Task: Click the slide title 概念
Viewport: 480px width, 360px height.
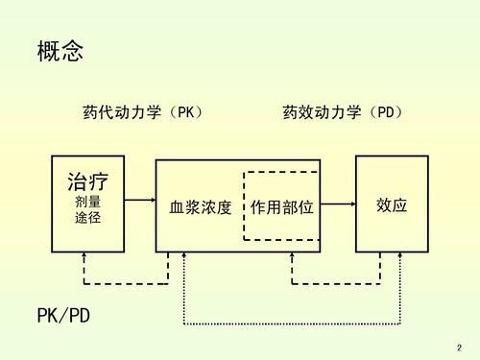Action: pyautogui.click(x=60, y=51)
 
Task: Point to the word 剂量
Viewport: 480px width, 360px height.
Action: pyautogui.click(x=87, y=203)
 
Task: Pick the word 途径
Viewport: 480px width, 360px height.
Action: pyautogui.click(x=87, y=218)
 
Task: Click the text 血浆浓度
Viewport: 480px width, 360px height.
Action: pyautogui.click(x=201, y=206)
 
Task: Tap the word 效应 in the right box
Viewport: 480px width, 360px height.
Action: pyautogui.click(x=392, y=205)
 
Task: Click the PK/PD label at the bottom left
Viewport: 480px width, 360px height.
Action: pyautogui.click(x=63, y=316)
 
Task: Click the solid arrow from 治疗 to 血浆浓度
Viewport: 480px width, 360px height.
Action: pyautogui.click(x=139, y=201)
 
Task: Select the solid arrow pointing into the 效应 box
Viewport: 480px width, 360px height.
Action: pyautogui.click(x=337, y=201)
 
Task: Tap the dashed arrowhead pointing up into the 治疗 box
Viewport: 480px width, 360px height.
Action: pyautogui.click(x=84, y=256)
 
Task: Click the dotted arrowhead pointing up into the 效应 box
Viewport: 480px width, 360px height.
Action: pyautogui.click(x=396, y=256)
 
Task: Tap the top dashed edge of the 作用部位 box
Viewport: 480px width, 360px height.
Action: pyautogui.click(x=281, y=172)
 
